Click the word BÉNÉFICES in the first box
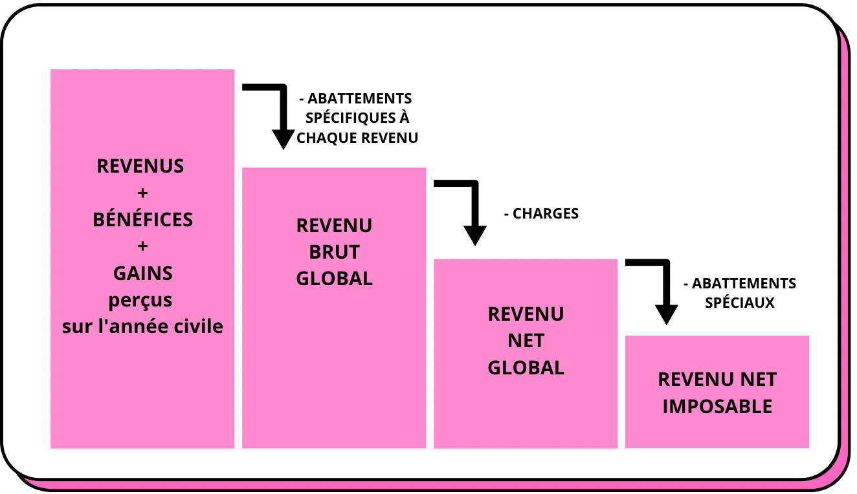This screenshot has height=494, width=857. pos(142,220)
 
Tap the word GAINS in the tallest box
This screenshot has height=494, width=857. pos(142,274)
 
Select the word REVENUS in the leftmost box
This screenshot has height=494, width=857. pos(140,166)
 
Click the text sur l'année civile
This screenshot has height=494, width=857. pos(142,327)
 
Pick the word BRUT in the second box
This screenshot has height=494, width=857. pos(334,252)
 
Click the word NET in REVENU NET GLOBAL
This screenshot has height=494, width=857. pos(526,341)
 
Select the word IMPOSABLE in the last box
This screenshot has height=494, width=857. pos(717,407)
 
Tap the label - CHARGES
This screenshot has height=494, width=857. pos(541,213)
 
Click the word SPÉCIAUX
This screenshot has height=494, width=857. pos(740,303)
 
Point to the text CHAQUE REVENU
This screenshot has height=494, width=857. pos(357,138)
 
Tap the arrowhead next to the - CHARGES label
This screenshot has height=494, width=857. pos(474,235)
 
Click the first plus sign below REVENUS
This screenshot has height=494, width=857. pos(142,193)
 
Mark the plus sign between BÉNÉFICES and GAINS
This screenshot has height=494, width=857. pos(142,247)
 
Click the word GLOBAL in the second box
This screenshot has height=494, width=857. pos(334,279)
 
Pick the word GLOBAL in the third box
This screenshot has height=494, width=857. pos(526,367)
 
